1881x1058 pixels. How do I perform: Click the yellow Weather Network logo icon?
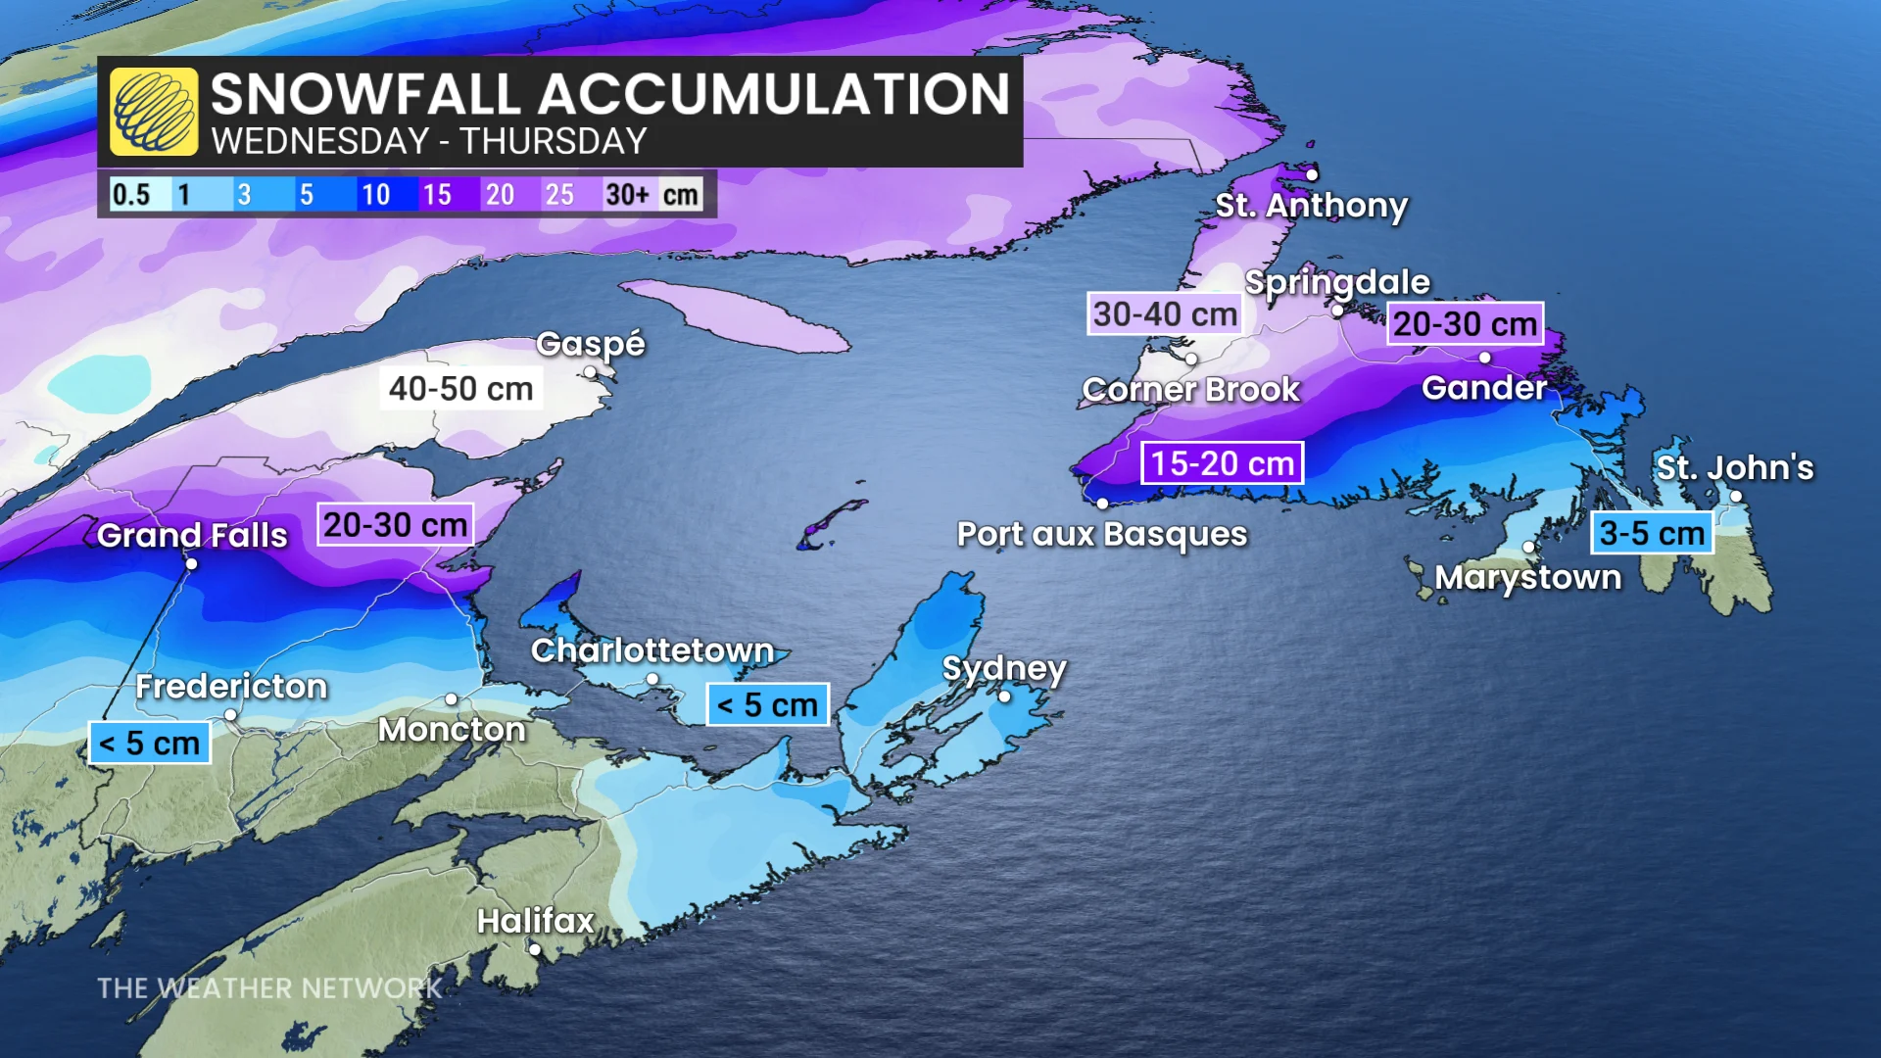(154, 112)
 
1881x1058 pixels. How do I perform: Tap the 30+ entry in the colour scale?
(628, 194)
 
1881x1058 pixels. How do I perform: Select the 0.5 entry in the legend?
(131, 194)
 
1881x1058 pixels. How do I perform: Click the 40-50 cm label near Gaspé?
(460, 389)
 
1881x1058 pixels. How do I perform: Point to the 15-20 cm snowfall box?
(1222, 463)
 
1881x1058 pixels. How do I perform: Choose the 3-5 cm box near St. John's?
(1652, 533)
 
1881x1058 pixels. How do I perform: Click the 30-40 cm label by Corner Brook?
(1165, 314)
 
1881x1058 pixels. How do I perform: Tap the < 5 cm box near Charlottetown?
(767, 704)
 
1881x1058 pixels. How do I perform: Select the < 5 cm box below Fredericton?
(150, 744)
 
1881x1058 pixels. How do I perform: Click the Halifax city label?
(536, 921)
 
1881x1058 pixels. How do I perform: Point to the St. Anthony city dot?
(1312, 175)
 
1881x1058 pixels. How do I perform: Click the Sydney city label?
(1003, 668)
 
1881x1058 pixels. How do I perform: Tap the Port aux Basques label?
(1102, 535)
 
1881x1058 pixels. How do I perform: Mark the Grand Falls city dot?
(192, 563)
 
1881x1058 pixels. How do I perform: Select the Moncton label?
(452, 730)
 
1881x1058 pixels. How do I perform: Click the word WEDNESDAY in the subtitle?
(320, 142)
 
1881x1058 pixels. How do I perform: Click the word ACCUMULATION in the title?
(773, 94)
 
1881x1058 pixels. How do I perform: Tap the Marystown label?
(1527, 578)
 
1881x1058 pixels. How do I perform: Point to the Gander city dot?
(1485, 358)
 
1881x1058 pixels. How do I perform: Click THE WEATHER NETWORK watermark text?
(269, 988)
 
